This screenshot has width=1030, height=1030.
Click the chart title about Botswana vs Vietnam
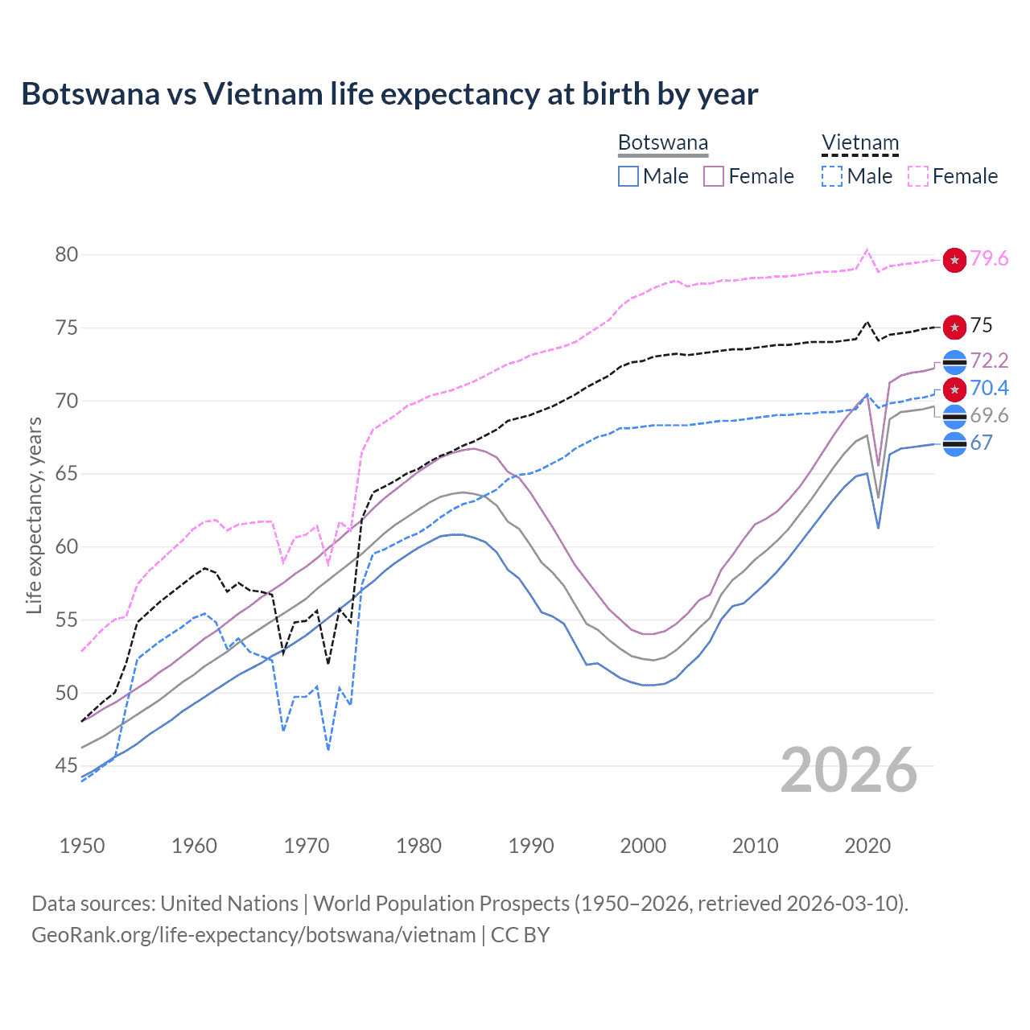(389, 94)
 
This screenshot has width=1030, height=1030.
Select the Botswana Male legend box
(628, 176)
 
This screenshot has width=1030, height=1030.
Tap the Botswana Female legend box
(714, 176)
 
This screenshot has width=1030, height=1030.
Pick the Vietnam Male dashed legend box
(832, 176)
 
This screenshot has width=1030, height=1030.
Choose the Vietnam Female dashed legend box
(917, 176)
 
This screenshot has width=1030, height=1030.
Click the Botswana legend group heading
(663, 143)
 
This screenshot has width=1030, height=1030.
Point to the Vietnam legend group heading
(859, 143)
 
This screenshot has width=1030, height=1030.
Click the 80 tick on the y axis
(67, 255)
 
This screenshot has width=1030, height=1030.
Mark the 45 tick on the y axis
(67, 766)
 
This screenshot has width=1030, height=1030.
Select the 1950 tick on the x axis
(82, 846)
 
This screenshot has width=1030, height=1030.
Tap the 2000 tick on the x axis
(643, 846)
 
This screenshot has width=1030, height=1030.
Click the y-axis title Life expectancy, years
(34, 515)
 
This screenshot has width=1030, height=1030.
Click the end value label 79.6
(989, 259)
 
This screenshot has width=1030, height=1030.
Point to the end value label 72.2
(989, 360)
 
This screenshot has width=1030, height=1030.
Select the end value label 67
(981, 443)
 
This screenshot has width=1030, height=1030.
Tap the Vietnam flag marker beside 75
(954, 327)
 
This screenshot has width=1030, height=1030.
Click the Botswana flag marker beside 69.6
(954, 417)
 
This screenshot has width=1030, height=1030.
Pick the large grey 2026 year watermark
(849, 770)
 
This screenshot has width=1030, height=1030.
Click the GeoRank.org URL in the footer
(253, 935)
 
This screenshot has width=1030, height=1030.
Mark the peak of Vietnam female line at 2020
(867, 249)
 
